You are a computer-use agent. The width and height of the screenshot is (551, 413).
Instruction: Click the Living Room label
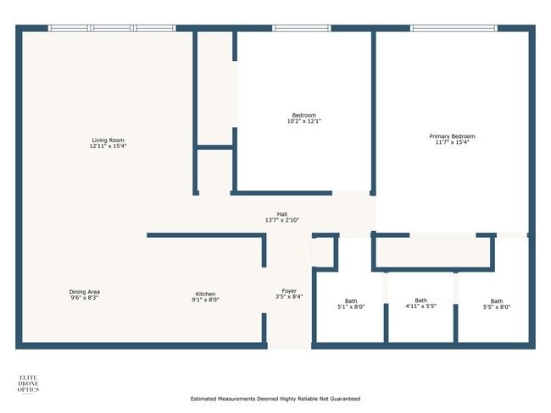(x=109, y=140)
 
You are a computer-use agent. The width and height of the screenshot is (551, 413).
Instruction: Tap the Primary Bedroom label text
(x=452, y=136)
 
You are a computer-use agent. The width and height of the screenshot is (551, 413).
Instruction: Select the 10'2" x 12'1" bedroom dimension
(x=304, y=121)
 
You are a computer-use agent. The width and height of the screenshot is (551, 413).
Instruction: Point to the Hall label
(x=281, y=214)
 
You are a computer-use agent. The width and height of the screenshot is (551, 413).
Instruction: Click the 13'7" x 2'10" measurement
(x=281, y=220)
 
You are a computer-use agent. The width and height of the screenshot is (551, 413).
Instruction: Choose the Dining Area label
(x=85, y=292)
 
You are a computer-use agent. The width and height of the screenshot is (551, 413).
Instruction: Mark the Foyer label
(x=289, y=291)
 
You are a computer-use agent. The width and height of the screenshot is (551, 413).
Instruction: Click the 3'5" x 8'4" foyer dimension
(x=289, y=297)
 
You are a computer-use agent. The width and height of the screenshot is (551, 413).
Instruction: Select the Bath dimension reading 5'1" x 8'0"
(x=351, y=307)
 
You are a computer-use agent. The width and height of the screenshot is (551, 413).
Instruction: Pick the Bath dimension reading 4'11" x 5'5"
(x=420, y=306)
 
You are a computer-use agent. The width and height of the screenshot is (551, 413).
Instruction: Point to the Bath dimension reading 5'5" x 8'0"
(x=496, y=307)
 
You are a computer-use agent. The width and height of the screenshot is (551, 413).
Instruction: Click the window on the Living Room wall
(x=112, y=29)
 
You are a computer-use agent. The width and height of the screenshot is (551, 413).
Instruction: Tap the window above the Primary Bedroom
(x=454, y=29)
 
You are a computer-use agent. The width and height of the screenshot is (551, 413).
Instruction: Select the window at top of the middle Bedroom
(x=302, y=29)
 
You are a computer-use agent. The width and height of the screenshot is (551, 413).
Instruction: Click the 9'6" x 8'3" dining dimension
(x=85, y=298)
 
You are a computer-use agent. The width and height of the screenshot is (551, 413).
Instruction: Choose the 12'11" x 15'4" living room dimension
(x=109, y=146)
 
